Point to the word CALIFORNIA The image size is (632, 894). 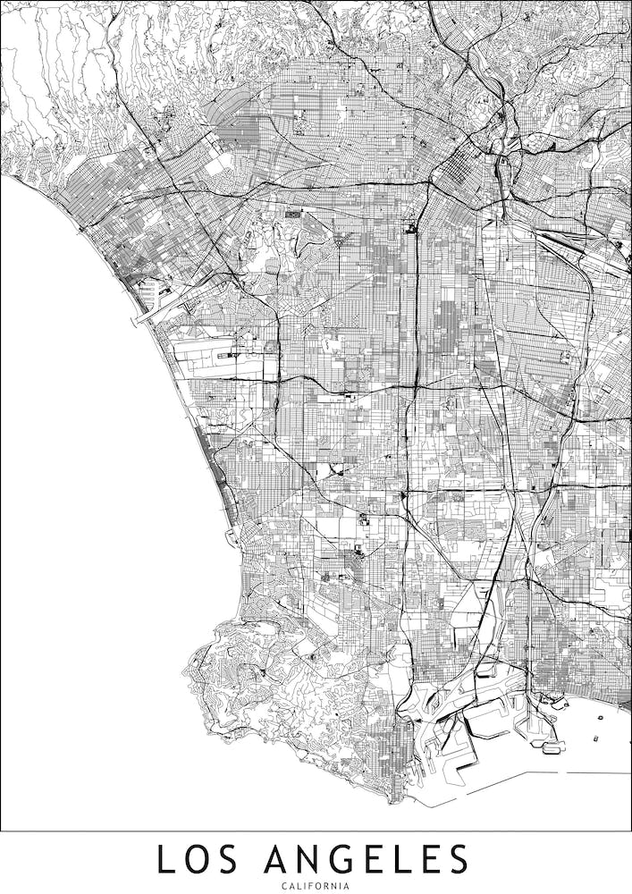coord(316,885)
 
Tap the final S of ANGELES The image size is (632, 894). coord(457,859)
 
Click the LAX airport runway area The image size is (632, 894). coord(223,358)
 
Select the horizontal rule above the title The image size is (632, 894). coord(316,831)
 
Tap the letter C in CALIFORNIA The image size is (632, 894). coord(283,885)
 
